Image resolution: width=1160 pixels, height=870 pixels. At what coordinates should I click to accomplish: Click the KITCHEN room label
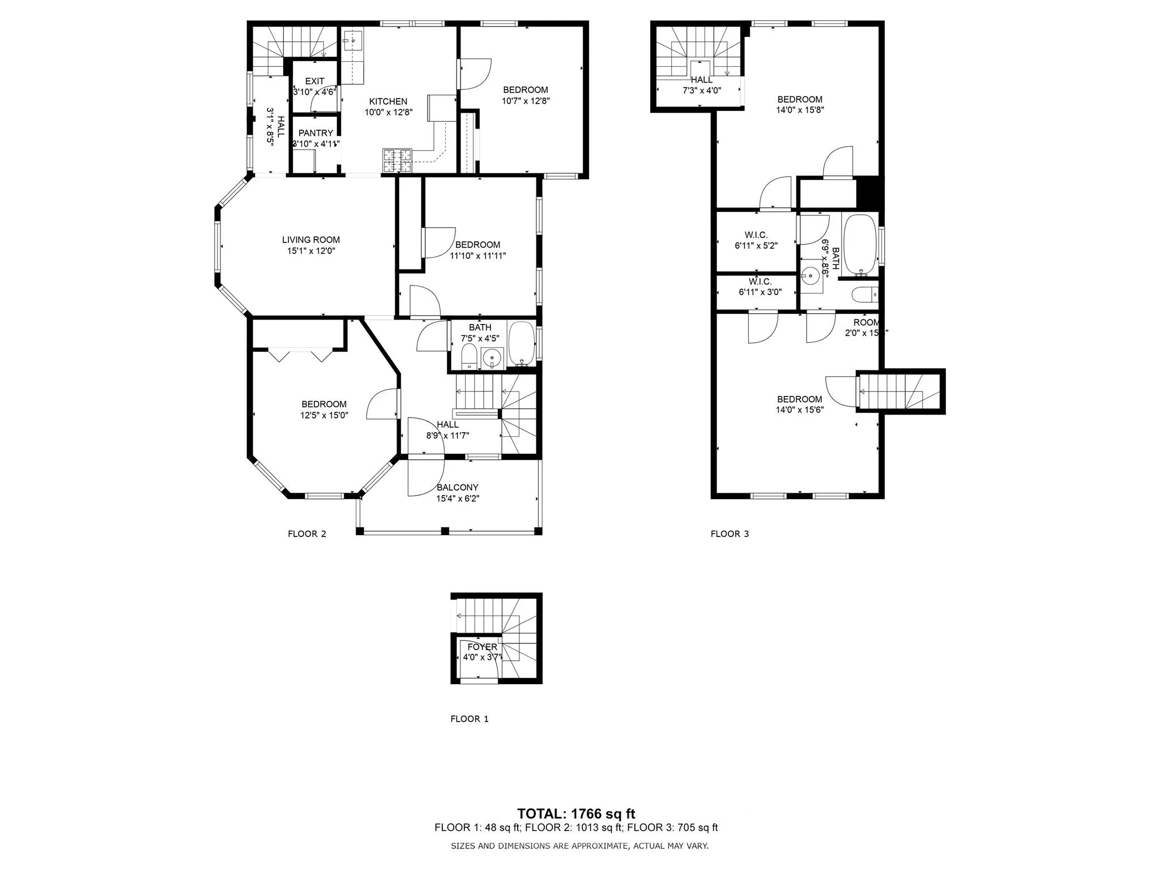[388, 101]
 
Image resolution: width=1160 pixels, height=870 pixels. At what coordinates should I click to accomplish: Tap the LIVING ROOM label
[311, 240]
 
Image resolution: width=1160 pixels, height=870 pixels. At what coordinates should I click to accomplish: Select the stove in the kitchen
[398, 160]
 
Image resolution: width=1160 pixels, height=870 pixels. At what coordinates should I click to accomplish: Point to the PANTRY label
[315, 133]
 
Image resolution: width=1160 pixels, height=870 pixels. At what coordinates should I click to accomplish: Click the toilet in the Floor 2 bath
[470, 357]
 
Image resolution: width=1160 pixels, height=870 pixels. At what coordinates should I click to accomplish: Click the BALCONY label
[457, 487]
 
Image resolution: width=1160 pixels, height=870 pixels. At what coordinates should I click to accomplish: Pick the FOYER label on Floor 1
[482, 647]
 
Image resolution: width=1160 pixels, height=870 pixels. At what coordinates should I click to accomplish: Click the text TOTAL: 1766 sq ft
[576, 814]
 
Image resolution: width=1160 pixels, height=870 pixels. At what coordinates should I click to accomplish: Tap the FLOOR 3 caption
[730, 534]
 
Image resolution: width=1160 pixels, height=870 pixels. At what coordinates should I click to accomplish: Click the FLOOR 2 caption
[306, 534]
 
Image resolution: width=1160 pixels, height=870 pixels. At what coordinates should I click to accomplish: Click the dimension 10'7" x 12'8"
[525, 101]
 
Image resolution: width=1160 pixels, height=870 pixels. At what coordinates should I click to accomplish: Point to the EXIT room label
[314, 81]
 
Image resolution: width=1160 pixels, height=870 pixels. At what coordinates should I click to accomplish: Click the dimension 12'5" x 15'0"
[323, 415]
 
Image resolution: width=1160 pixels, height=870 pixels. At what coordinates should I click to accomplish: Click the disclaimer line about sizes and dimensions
[579, 846]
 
